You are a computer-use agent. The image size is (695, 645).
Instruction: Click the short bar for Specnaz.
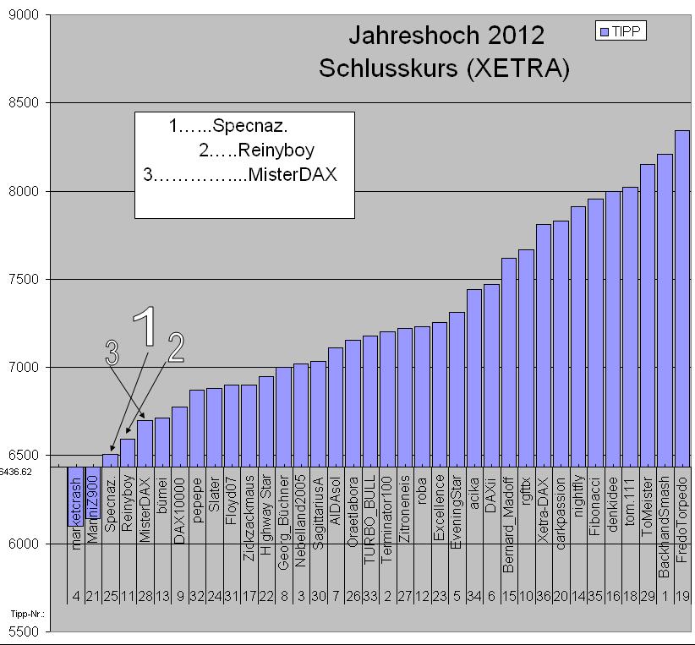pyautogui.click(x=110, y=460)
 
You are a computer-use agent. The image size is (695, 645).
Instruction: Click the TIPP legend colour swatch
pyautogui.click(x=603, y=32)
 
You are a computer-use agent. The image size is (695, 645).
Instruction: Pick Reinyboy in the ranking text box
pyautogui.click(x=276, y=151)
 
